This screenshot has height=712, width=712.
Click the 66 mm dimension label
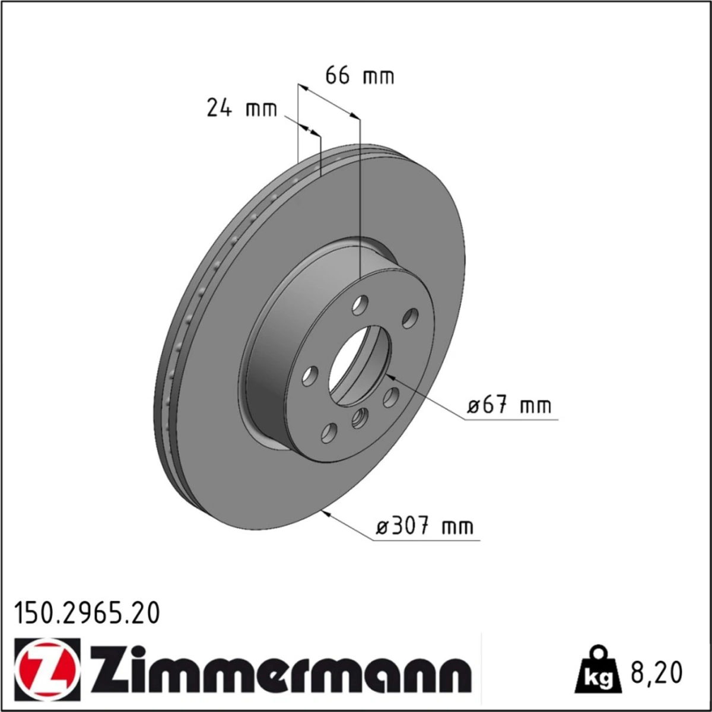[360, 76]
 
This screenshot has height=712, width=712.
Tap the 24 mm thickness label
[241, 109]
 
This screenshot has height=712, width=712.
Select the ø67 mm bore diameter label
[509, 406]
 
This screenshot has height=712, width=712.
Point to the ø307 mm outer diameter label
[425, 526]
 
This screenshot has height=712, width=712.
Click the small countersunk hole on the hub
[359, 419]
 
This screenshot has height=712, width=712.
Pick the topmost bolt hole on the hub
[360, 306]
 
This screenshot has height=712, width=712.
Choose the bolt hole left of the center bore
[310, 374]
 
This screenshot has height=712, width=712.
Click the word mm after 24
[261, 110]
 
